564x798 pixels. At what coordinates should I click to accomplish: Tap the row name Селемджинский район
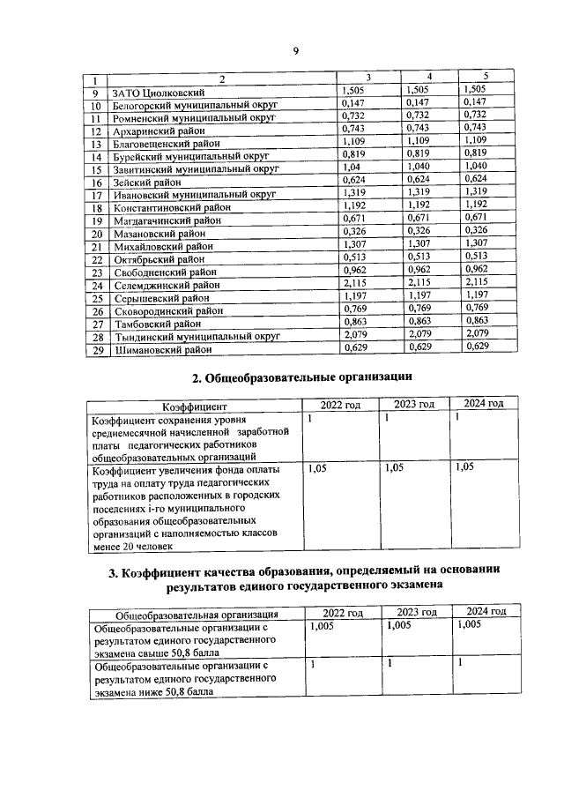point(166,285)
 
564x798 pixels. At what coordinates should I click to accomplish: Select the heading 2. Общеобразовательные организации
point(302,378)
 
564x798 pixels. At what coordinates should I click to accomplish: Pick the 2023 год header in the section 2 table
point(414,405)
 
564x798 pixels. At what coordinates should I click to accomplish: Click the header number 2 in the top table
point(222,79)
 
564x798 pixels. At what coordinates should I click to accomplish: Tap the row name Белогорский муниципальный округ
point(189,104)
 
